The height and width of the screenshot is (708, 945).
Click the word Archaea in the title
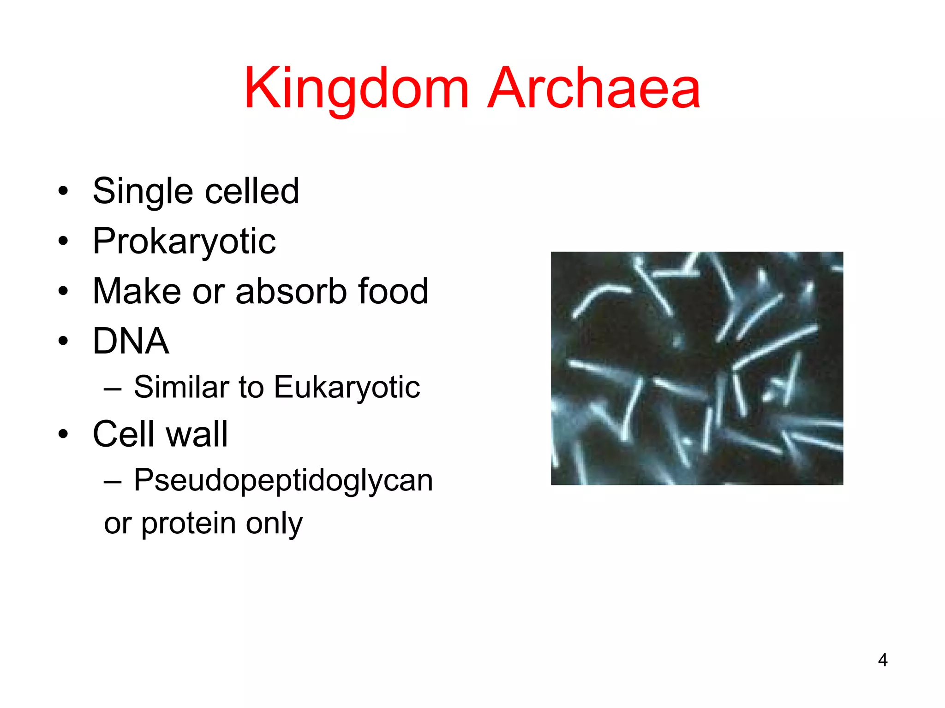594,88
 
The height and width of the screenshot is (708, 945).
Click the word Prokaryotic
184,242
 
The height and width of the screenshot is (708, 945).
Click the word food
393,291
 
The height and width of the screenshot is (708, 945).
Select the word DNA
131,341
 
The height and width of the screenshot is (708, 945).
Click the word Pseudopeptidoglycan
283,480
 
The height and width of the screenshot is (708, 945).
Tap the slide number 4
882,660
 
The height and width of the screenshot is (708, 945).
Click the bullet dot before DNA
63,342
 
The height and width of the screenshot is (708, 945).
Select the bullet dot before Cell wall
63,435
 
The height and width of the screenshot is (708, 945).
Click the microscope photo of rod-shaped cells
697,368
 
